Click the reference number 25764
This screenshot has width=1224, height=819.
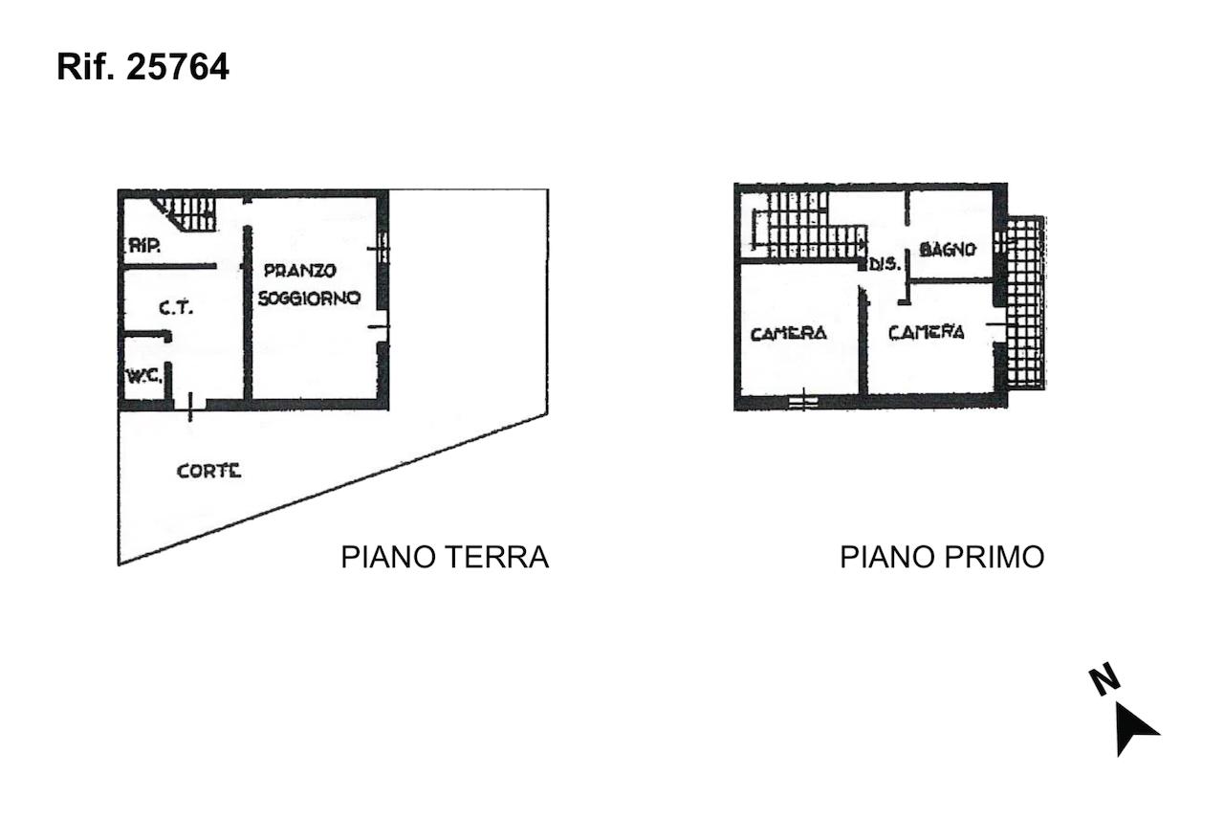[178, 67]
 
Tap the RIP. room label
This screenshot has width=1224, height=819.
[144, 246]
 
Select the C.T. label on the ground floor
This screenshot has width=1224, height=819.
[176, 308]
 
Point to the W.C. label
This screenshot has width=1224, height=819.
[144, 376]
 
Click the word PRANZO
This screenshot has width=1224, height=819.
[300, 270]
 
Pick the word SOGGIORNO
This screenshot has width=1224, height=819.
[309, 298]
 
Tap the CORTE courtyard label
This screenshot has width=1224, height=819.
[208, 471]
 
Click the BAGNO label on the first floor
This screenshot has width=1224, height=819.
[948, 250]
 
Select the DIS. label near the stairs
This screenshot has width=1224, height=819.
[885, 265]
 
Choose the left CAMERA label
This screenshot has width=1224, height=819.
[789, 334]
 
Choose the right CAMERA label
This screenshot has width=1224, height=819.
[927, 332]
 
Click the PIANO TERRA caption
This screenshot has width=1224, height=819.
[445, 557]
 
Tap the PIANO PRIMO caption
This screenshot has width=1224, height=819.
[942, 557]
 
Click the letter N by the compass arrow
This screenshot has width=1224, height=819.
[1104, 681]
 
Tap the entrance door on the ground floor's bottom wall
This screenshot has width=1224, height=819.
[189, 405]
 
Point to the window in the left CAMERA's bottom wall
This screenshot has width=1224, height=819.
[803, 402]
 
